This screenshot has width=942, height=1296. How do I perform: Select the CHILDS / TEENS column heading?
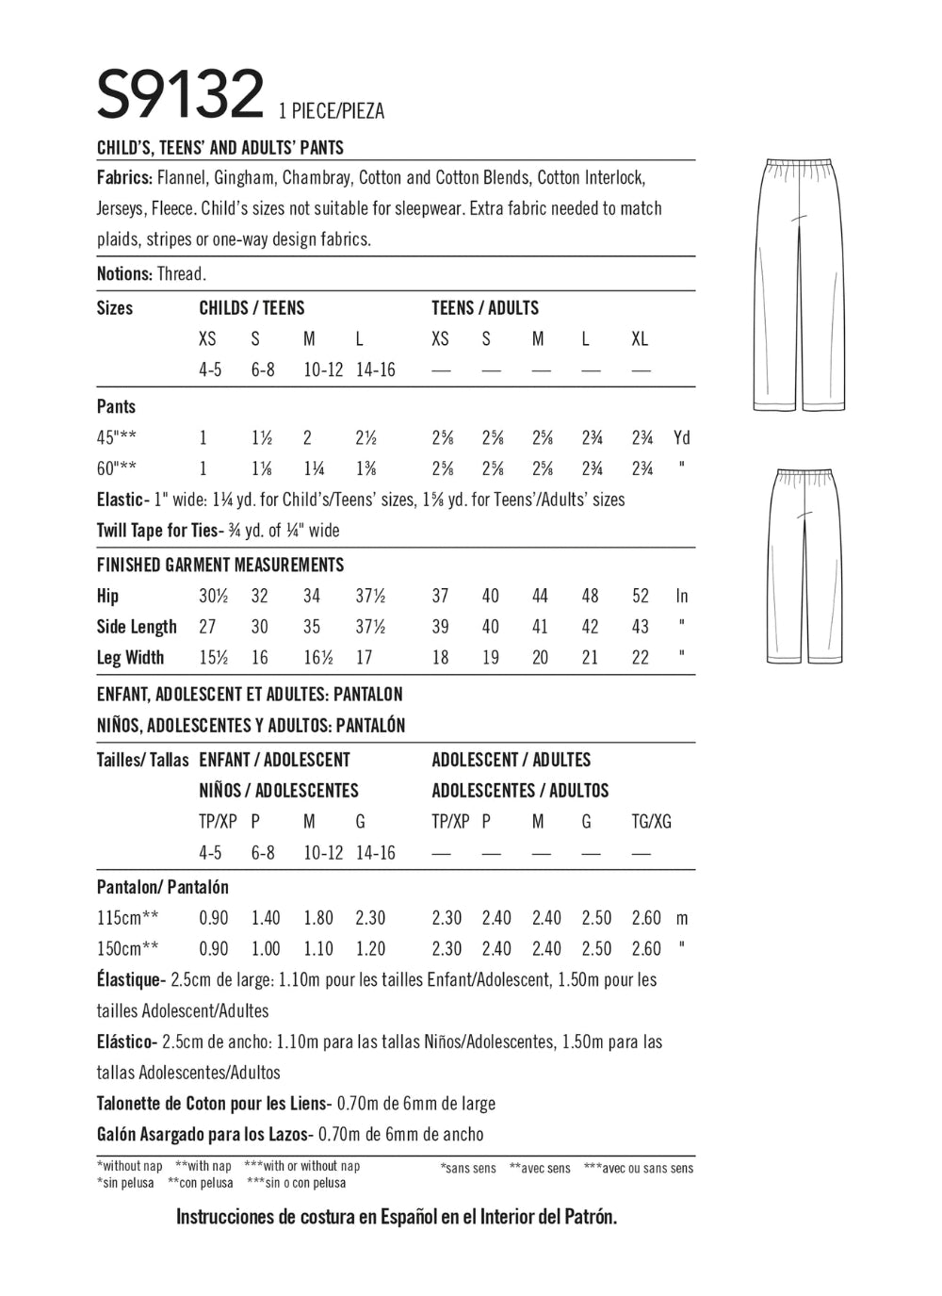[x=252, y=308]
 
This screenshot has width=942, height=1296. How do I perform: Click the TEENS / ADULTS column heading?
[x=485, y=308]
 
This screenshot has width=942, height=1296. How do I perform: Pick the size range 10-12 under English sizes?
[x=323, y=370]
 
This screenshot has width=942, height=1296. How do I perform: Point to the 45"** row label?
[x=125, y=438]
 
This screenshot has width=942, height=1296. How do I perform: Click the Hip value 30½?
[x=213, y=596]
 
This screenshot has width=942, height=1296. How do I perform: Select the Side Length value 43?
[x=641, y=627]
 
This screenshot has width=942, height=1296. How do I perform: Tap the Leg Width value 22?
[x=641, y=658]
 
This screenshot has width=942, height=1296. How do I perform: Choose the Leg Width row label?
[x=130, y=658]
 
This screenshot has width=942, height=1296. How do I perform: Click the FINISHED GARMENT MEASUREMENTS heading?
[x=220, y=565]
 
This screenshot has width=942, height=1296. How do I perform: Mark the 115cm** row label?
[x=128, y=918]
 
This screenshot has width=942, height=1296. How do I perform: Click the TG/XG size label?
[x=651, y=822]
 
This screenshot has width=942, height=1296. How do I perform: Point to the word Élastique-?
[x=132, y=980]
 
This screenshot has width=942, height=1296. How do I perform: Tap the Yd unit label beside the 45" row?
[x=682, y=438]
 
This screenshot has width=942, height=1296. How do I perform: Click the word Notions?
[x=124, y=274]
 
